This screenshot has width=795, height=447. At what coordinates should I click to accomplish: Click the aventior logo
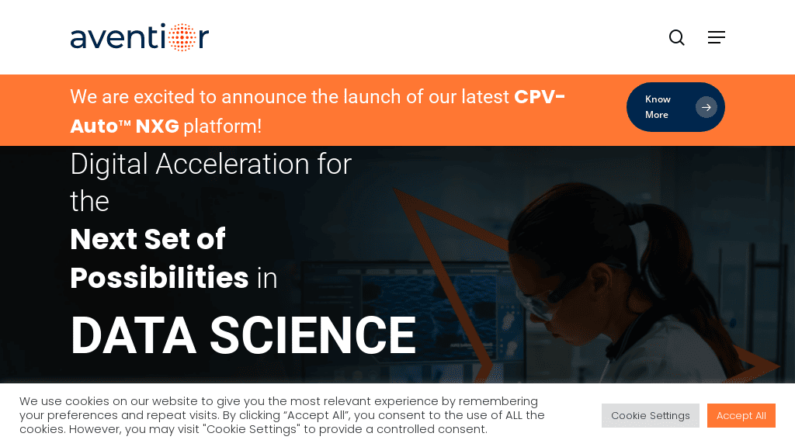140,37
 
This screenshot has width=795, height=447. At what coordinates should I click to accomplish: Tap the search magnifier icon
677,37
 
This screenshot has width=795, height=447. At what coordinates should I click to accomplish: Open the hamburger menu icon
717,37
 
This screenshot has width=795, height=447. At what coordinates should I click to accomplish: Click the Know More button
675,107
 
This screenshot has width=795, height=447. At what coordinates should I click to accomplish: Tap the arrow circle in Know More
706,107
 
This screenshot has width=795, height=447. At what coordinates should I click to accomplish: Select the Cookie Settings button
651,416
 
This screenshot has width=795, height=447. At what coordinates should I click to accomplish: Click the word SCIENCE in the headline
313,335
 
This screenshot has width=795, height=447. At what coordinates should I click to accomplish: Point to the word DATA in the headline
134,335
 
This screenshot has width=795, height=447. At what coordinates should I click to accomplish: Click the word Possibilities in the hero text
159,278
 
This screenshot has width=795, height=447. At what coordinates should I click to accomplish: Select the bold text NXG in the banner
157,126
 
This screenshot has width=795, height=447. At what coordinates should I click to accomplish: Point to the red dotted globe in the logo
182,37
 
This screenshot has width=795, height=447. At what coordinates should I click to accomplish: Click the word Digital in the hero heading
109,165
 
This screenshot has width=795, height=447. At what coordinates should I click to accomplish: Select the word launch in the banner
369,97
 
